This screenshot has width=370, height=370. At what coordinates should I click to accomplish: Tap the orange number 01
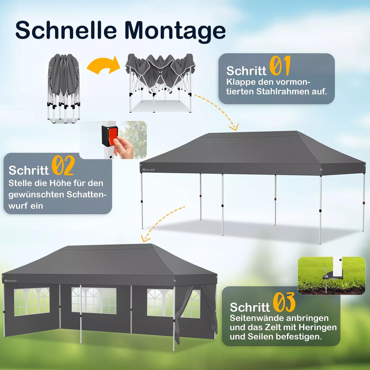(x=280, y=66)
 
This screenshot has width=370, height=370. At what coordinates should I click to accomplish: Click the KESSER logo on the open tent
(x=149, y=170)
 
